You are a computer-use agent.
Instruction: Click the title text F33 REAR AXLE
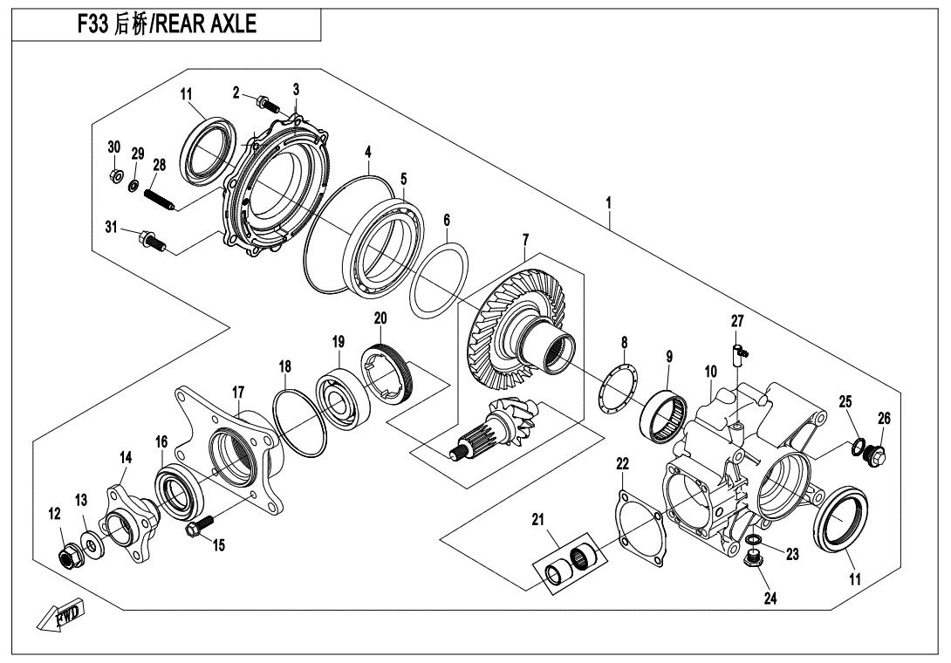click(x=167, y=24)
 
